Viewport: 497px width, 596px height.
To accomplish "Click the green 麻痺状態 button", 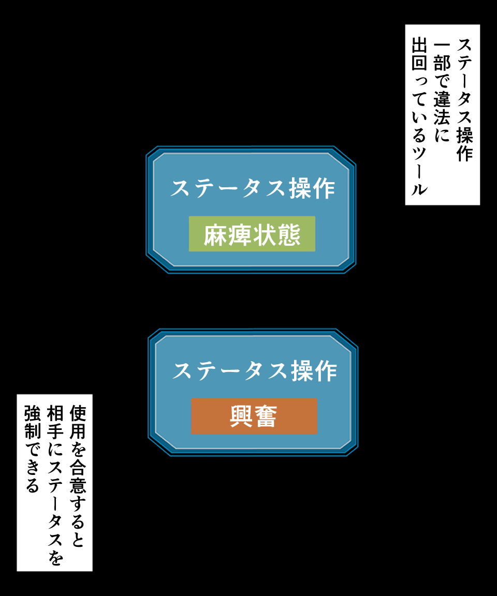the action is pos(252,234).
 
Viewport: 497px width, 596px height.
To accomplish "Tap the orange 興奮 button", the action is pos(254,416).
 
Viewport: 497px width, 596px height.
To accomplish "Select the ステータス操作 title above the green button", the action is pos(253,188).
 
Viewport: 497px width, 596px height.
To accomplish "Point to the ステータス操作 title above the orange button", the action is pos(255,370).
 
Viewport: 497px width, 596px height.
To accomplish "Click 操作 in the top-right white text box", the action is pos(464,144).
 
